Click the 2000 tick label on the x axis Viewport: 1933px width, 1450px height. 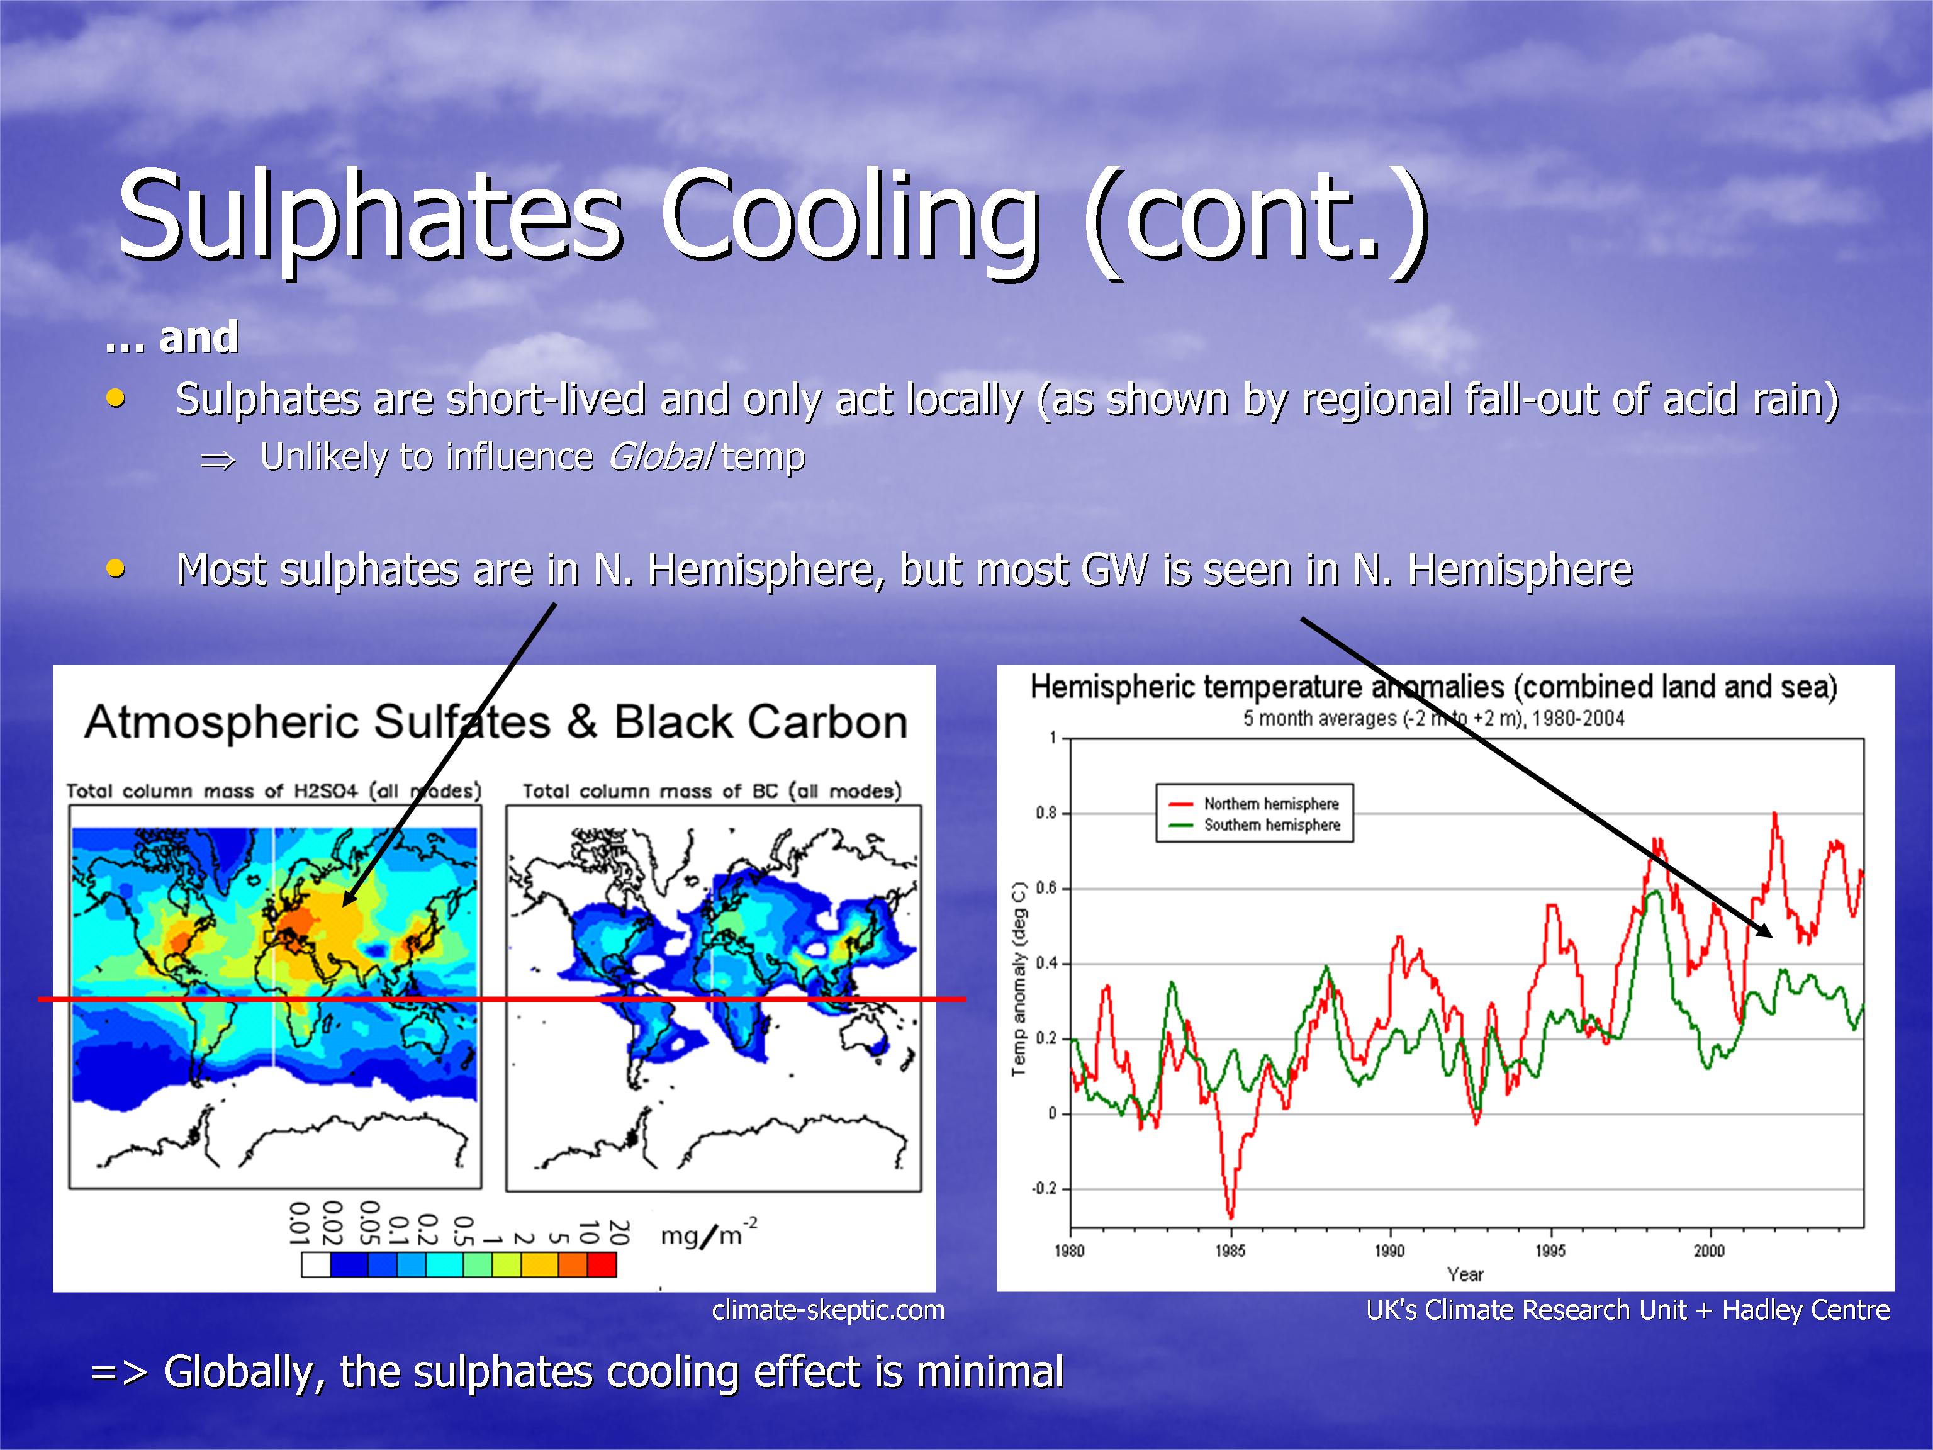(1709, 1250)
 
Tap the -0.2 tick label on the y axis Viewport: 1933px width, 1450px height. (1045, 1189)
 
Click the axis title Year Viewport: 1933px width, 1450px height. (1465, 1274)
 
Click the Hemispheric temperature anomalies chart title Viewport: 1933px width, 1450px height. (1433, 687)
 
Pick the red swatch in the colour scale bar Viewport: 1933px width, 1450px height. (601, 1265)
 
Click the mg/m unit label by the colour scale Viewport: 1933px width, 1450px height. (709, 1234)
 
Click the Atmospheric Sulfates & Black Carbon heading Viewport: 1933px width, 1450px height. (496, 722)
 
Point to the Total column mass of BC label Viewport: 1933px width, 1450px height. (712, 791)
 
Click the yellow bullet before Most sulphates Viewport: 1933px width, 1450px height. (115, 569)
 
